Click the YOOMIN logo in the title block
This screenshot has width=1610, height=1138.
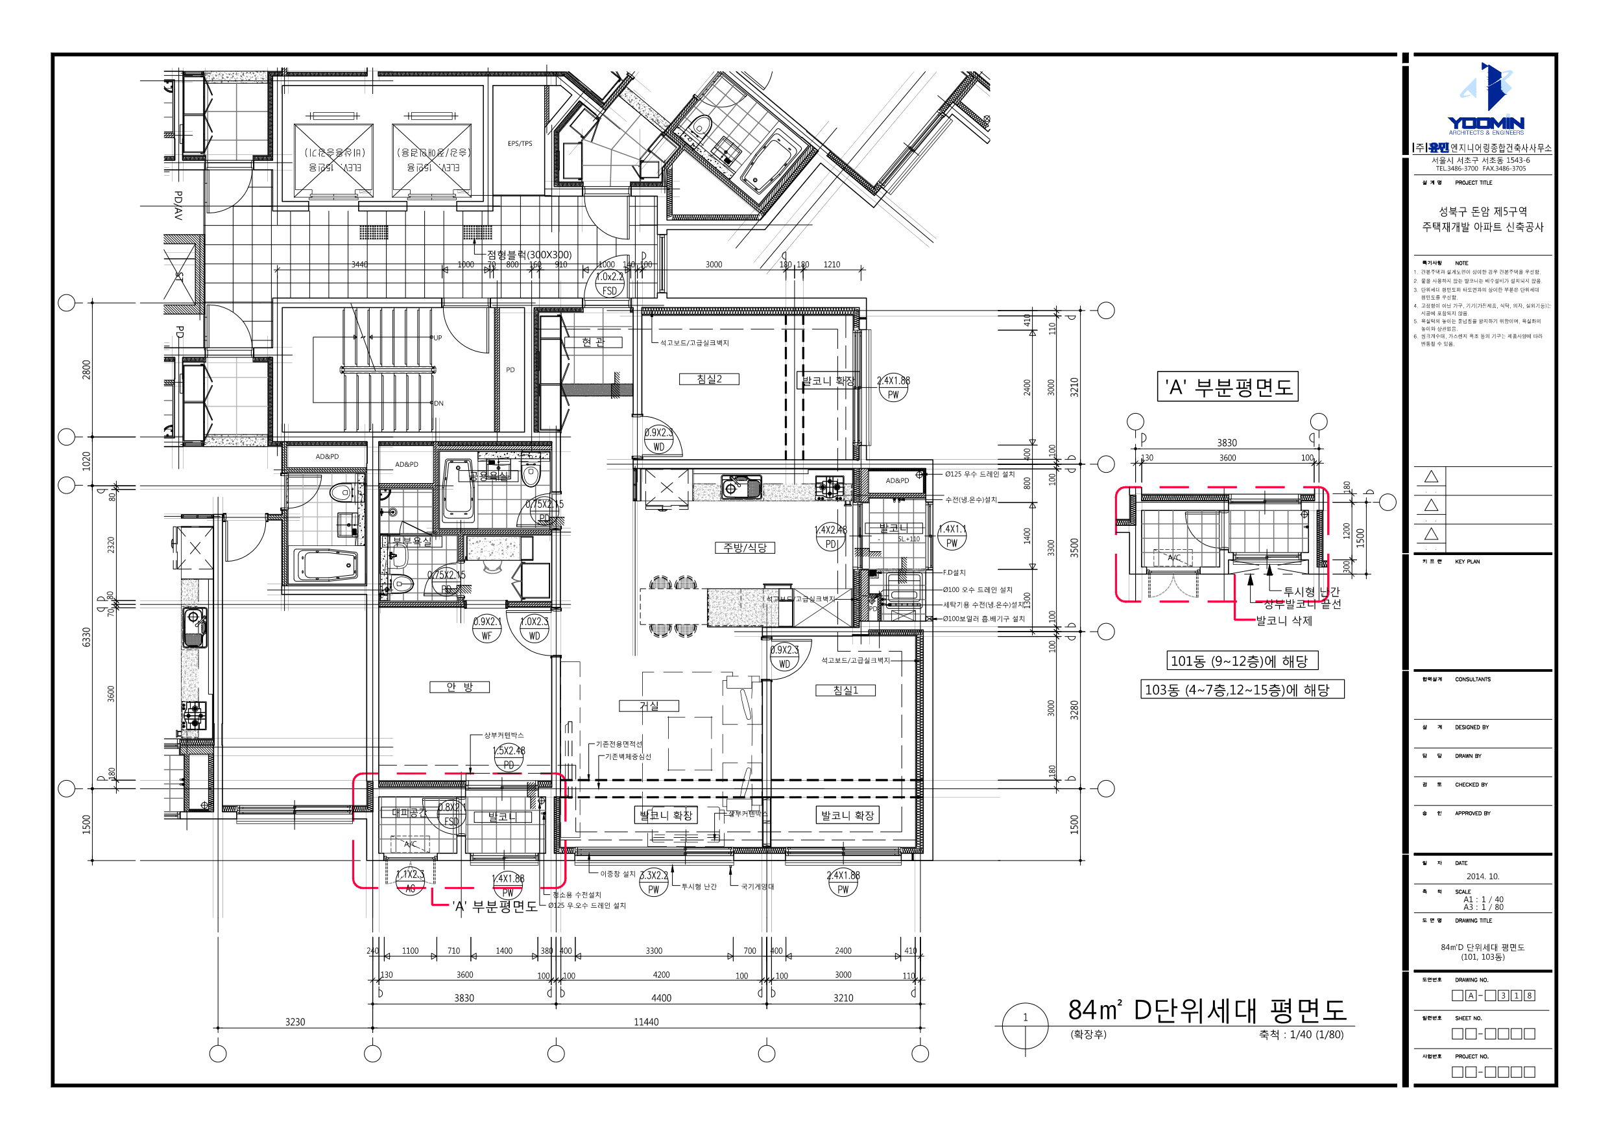point(1485,102)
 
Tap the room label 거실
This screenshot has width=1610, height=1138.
point(649,706)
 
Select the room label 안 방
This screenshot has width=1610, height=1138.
point(459,687)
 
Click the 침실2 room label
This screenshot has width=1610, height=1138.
point(709,379)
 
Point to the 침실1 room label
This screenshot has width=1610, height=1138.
point(846,691)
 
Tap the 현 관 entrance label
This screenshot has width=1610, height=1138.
point(594,342)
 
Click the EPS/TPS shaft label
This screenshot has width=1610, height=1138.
point(520,144)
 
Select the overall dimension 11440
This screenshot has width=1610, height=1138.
point(646,1021)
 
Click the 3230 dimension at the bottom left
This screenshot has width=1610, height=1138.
point(295,1021)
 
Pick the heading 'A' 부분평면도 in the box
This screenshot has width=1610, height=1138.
point(1227,387)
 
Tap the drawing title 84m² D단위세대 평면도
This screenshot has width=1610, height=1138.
point(1206,1010)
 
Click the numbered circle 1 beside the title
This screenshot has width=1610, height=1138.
point(1025,1017)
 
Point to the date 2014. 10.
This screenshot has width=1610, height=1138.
point(1482,877)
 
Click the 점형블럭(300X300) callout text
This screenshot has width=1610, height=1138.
point(529,255)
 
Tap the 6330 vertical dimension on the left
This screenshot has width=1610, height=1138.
point(86,637)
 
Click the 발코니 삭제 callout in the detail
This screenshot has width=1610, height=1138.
point(1283,621)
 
